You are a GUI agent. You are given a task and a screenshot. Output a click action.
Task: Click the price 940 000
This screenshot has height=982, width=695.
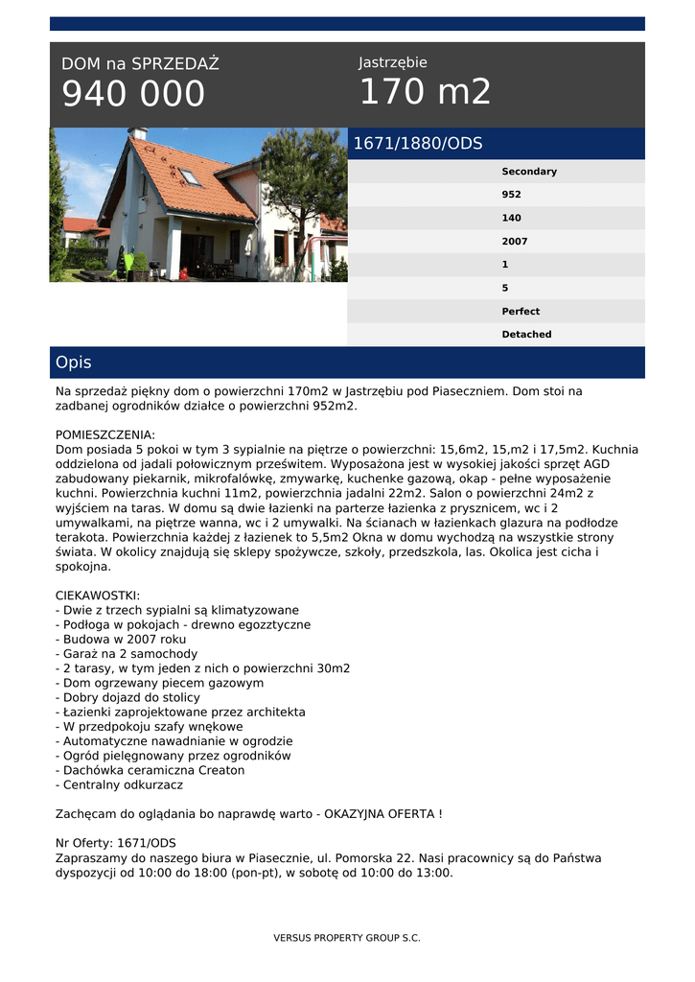[x=133, y=94]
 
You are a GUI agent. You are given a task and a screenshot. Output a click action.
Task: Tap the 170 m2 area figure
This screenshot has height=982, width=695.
[x=425, y=92]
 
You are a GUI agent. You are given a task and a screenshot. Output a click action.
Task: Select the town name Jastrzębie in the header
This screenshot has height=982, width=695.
[x=393, y=62]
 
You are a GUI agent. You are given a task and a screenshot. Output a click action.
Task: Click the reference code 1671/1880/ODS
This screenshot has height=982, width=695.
[x=418, y=144]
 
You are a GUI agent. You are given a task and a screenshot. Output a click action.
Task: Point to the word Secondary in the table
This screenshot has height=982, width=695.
[x=529, y=172]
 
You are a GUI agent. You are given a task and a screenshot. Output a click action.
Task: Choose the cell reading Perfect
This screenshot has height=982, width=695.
[x=521, y=312]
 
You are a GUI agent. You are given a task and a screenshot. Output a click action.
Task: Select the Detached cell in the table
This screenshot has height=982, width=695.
[x=526, y=335]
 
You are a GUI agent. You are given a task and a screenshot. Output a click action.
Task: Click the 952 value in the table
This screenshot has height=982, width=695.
[x=512, y=195]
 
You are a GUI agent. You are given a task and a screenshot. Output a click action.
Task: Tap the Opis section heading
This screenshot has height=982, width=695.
[x=74, y=362]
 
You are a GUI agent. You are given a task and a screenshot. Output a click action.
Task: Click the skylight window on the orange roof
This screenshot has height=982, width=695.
[x=190, y=176]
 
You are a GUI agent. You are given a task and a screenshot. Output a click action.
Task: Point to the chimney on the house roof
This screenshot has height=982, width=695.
[x=138, y=133]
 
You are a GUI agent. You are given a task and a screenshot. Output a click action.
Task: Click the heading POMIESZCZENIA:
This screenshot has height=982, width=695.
[x=105, y=434]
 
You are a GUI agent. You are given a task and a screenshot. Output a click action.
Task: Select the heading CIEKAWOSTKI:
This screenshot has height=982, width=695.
[x=98, y=596]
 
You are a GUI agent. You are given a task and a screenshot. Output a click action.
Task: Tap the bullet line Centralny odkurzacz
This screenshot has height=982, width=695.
[x=119, y=784]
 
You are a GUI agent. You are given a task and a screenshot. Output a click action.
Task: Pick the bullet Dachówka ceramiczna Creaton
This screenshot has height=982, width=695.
[x=150, y=770]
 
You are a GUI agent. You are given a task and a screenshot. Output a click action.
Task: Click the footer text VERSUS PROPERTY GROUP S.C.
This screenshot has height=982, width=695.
[x=347, y=938]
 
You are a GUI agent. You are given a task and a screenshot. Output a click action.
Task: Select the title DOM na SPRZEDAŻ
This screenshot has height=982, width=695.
[x=140, y=64]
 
